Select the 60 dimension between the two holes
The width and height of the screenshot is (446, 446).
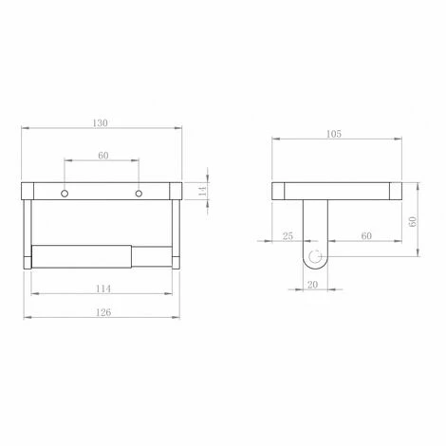point(102,157)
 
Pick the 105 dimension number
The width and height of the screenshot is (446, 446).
point(334,135)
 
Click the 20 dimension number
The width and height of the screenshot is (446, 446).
point(312,284)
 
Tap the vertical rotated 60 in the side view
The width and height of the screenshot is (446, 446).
point(413,221)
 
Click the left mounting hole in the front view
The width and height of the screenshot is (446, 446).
point(65,194)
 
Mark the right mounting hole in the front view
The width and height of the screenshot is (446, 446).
point(139,194)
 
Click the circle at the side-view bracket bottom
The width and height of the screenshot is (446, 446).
point(312,256)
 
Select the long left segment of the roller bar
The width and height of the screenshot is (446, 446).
point(80,256)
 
